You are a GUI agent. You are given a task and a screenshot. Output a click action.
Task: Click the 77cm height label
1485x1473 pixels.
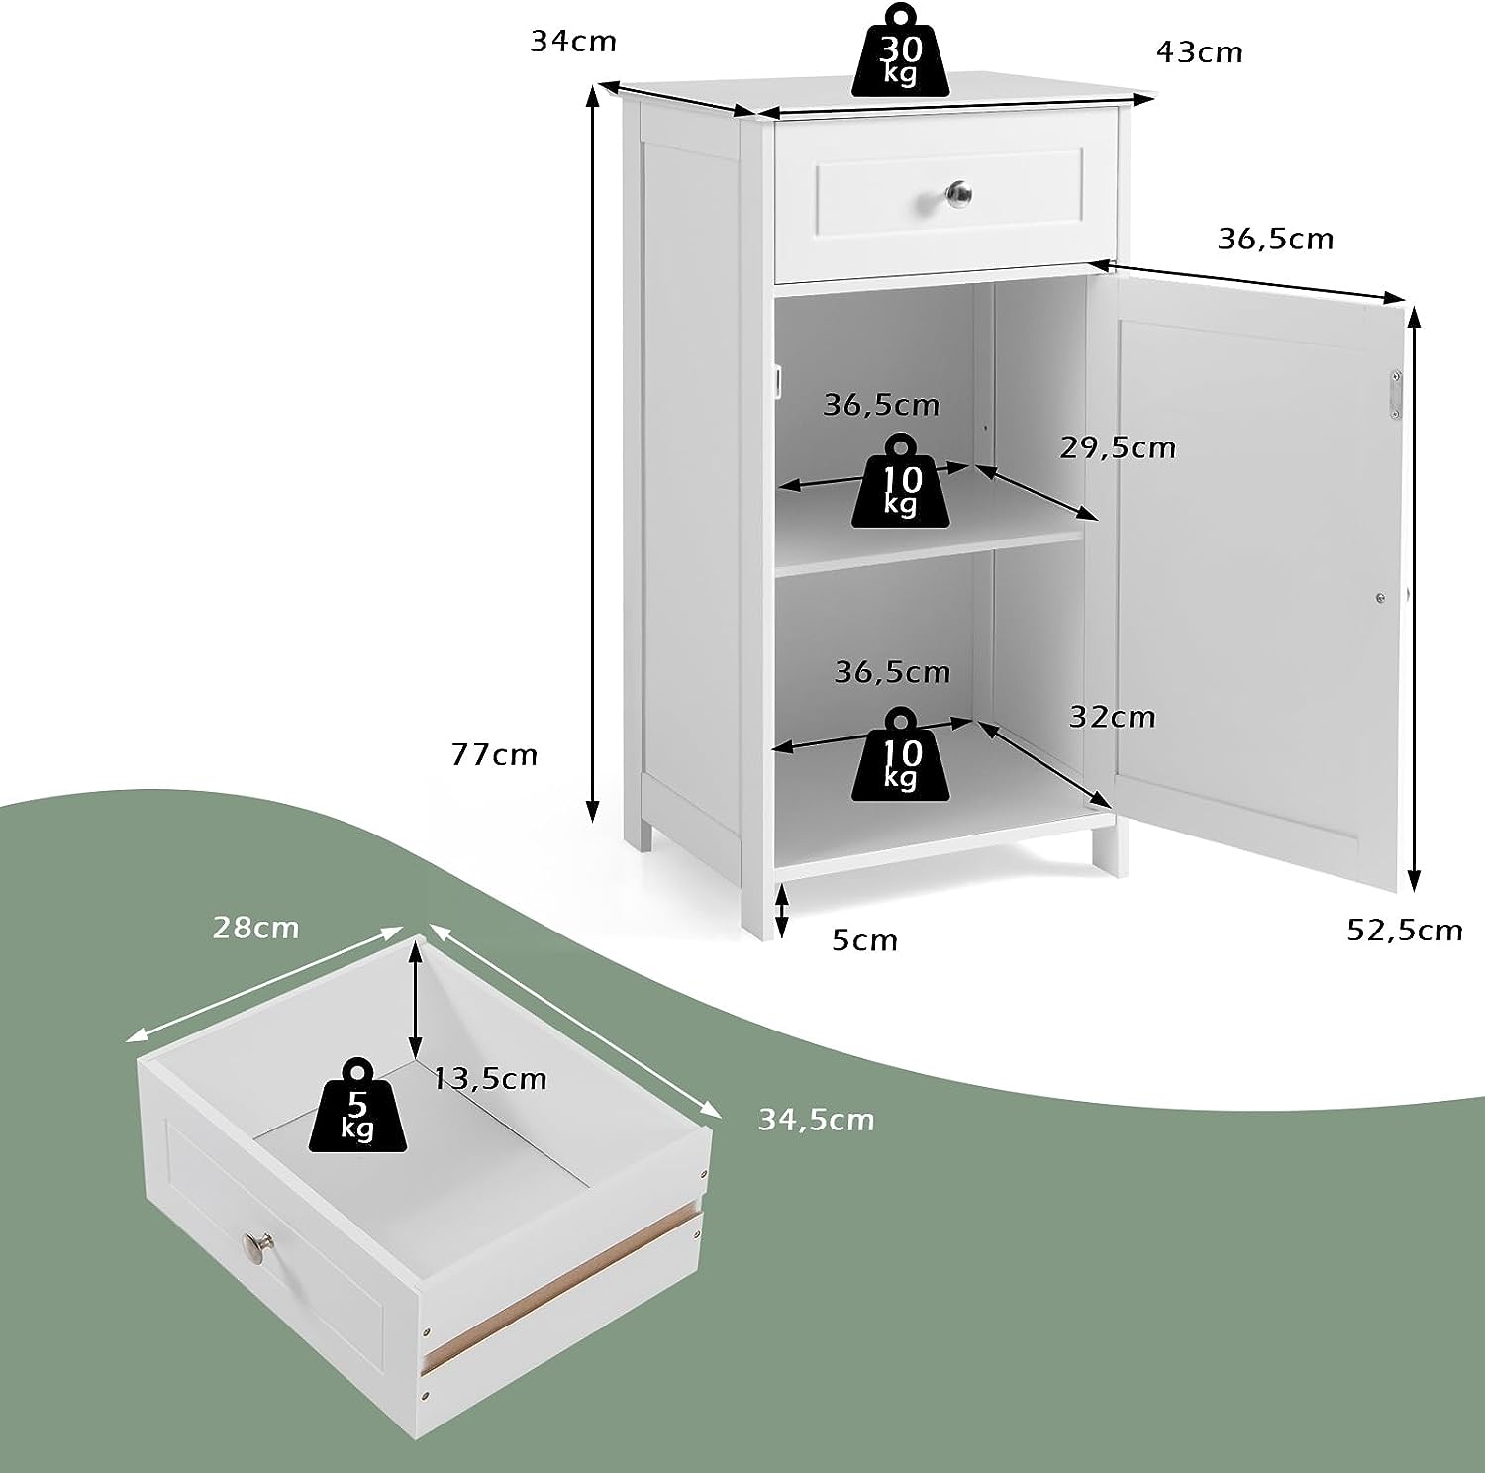(494, 755)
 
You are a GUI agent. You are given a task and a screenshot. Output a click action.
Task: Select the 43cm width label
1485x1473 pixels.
(1200, 51)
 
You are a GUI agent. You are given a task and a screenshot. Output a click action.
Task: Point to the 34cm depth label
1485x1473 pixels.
(573, 41)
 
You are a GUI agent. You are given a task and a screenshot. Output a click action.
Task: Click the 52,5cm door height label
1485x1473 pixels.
(1405, 930)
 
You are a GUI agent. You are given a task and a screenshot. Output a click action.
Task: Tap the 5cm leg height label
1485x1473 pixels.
(864, 940)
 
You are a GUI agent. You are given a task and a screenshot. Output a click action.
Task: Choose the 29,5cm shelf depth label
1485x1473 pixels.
(1118, 448)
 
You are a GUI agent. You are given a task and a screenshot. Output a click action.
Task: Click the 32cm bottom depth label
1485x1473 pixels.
(1112, 716)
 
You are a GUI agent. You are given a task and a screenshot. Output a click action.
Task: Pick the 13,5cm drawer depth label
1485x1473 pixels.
(490, 1078)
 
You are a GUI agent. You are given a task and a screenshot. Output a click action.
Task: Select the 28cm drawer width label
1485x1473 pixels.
(255, 928)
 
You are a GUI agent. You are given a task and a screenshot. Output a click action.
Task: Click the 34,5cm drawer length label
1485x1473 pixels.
(817, 1120)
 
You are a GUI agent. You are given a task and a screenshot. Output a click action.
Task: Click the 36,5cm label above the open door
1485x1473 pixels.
(1275, 240)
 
